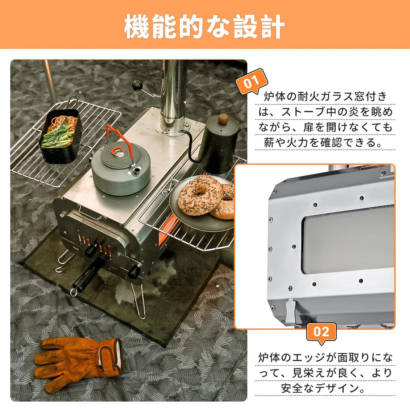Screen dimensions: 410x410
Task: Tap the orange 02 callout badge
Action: [321, 332]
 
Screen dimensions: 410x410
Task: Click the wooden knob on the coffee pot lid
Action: [223, 119]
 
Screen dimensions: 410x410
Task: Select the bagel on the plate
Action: [200, 195]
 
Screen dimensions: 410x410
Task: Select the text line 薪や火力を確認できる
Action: [325, 142]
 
